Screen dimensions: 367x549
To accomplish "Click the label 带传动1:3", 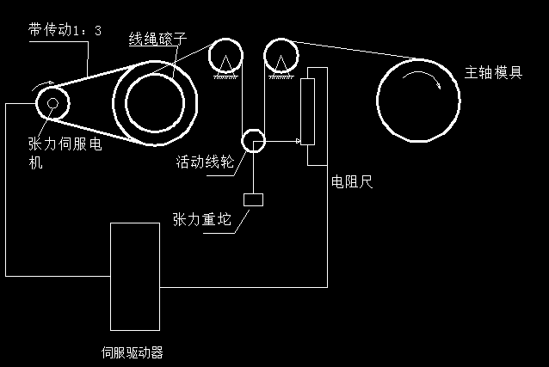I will [x=64, y=30].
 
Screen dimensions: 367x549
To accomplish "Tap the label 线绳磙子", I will [x=157, y=39].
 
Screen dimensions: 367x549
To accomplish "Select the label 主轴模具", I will [x=493, y=72].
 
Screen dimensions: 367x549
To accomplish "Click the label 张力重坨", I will [x=202, y=220].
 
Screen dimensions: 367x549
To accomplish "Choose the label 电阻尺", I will [x=351, y=183].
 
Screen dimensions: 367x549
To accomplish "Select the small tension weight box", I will [x=253, y=199].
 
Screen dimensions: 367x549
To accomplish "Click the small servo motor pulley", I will [x=52, y=104].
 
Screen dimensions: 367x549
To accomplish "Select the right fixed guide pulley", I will [x=281, y=56].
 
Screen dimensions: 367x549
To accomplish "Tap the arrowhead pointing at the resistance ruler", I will [x=298, y=141].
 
